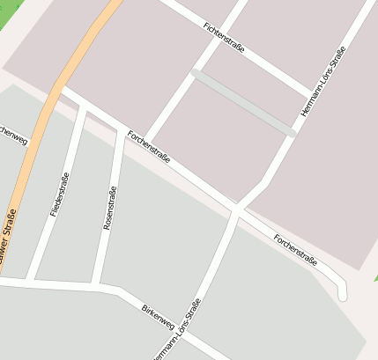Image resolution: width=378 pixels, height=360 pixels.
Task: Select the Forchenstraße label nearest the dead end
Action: pyautogui.click(x=294, y=248)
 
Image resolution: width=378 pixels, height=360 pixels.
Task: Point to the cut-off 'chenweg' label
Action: pyautogui.click(x=12, y=134)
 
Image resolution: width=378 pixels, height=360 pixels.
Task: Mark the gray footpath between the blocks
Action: pyautogui.click(x=242, y=102)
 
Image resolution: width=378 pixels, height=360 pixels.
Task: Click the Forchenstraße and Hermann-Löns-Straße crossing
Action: pyautogui.click(x=236, y=209)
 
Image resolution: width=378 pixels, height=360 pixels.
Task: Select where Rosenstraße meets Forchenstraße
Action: pyautogui.click(x=121, y=130)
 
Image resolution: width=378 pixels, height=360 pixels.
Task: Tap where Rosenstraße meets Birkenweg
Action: pyautogui.click(x=99, y=285)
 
